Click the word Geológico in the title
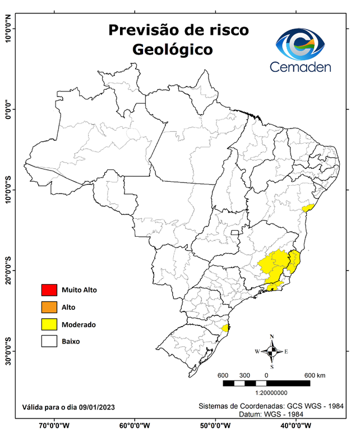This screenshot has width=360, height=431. pyautogui.click(x=173, y=49)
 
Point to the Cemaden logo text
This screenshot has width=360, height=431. pyautogui.click(x=301, y=67)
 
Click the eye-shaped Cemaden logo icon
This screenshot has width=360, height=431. pyautogui.click(x=303, y=44)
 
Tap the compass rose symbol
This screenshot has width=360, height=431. pyautogui.click(x=272, y=351)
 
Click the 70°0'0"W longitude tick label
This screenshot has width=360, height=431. pyautogui.click(x=54, y=425)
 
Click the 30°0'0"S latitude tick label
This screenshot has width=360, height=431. pyautogui.click(x=8, y=351)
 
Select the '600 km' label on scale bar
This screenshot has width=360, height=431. pyautogui.click(x=315, y=375)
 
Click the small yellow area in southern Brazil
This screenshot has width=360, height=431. pyautogui.click(x=225, y=328)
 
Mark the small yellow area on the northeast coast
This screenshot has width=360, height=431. pyautogui.click(x=306, y=208)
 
